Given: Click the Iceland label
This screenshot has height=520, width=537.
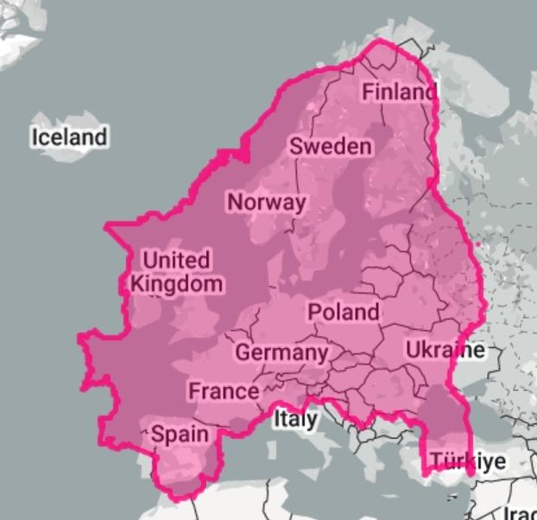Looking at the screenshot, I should pyautogui.click(x=69, y=136).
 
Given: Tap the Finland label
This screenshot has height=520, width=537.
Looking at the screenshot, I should pyautogui.click(x=398, y=92).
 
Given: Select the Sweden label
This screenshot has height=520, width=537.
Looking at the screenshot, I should pyautogui.click(x=331, y=146).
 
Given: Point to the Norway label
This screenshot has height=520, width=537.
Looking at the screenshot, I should pyautogui.click(x=266, y=202).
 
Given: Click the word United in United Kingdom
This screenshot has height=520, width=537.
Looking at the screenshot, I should pyautogui.click(x=175, y=259).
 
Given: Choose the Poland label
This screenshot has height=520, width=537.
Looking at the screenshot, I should pyautogui.click(x=343, y=311).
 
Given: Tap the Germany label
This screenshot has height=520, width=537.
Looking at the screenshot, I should pyautogui.click(x=281, y=352).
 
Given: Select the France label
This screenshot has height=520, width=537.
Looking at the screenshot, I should pyautogui.click(x=224, y=390).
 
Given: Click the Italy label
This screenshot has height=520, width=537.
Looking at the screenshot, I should pyautogui.click(x=295, y=420).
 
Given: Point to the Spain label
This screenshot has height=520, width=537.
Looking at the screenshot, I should pyautogui.click(x=180, y=434).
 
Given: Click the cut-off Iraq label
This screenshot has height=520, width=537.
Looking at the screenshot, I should pyautogui.click(x=520, y=511).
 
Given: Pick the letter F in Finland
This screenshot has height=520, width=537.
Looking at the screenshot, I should pyautogui.click(x=368, y=92).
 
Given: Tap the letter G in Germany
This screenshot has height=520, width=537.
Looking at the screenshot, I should pyautogui.click(x=243, y=352).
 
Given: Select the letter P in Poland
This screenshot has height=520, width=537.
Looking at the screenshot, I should pyautogui.click(x=315, y=311).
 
